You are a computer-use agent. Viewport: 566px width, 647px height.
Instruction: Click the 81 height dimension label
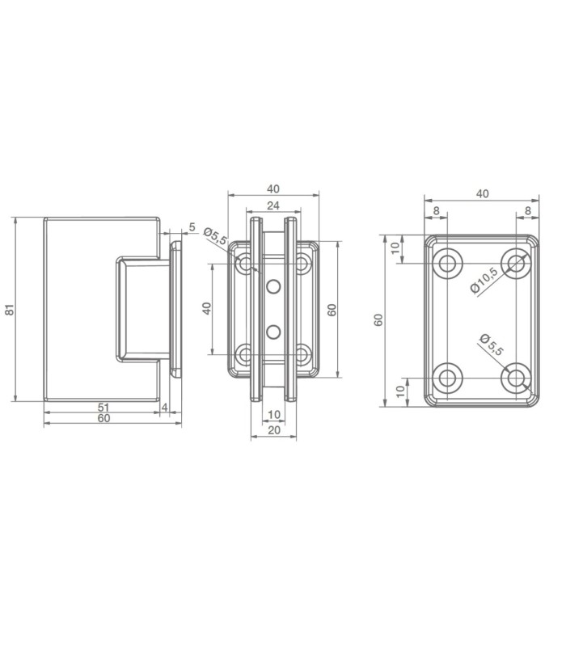pos(9,310)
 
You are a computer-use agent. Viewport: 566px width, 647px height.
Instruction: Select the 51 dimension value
pos(103,407)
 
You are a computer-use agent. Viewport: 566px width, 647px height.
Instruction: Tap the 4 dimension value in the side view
pos(165,408)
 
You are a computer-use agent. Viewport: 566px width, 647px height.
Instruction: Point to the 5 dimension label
pos(192,227)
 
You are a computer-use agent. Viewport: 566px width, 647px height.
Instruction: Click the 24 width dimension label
pos(273,205)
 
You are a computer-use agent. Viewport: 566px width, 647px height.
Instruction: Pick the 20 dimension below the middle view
pos(274,430)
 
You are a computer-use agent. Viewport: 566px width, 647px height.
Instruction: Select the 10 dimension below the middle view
pos(274,414)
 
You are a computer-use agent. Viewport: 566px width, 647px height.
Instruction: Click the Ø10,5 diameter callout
pos(484,280)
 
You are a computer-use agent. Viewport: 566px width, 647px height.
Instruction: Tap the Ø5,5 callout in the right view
pos(492,345)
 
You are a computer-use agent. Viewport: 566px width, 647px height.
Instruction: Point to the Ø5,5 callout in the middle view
pos(215,235)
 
